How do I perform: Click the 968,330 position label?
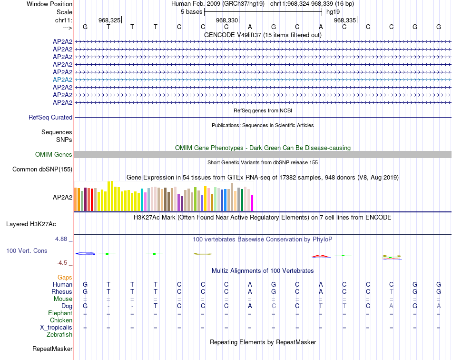[x=226, y=20]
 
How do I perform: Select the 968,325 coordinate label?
[x=109, y=20]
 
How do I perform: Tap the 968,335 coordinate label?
[x=344, y=20]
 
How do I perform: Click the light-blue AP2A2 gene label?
[x=62, y=80]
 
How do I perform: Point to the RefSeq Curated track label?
[x=50, y=117]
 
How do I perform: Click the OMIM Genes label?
[x=54, y=154]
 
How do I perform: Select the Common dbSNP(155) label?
[x=42, y=169]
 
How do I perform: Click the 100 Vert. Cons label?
[x=27, y=250]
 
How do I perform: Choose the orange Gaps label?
[x=65, y=277]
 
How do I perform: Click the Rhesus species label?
[x=62, y=291]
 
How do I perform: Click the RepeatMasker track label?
[x=52, y=349]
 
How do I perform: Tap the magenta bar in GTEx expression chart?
[x=252, y=203]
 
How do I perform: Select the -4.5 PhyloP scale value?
[x=64, y=262]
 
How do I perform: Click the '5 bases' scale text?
[x=192, y=11]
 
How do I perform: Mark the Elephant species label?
[x=60, y=313]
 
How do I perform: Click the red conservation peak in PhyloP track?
[x=321, y=256]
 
